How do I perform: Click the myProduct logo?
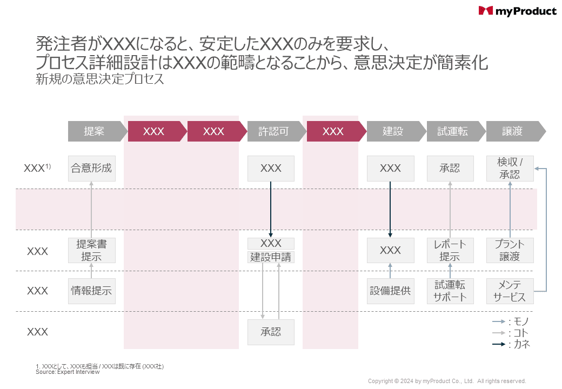coord(517,11)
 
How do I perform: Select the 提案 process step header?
coord(95,131)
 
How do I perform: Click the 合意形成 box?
coord(91,168)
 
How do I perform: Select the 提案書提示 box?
coord(91,251)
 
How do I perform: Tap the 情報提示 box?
coord(91,291)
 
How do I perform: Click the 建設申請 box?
coord(271,257)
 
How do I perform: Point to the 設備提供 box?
coord(390,291)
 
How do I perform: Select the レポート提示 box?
coord(450,251)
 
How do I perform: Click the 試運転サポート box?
coord(450,291)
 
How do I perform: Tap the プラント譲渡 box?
coord(510,251)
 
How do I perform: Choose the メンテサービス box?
coord(510,291)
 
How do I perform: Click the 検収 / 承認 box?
coord(510,168)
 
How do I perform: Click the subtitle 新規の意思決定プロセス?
coord(99,79)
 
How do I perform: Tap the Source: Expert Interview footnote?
coord(68,372)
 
